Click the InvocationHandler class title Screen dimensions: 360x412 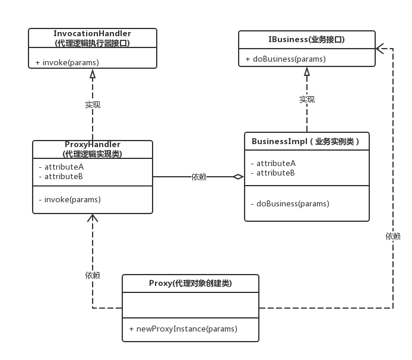(x=93, y=34)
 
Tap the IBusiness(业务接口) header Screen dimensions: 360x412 (x=306, y=40)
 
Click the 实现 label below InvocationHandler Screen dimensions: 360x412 (x=93, y=104)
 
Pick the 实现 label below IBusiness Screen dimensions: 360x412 (x=307, y=99)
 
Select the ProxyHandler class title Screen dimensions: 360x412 (x=92, y=145)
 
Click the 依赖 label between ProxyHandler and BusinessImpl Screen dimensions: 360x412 (x=199, y=177)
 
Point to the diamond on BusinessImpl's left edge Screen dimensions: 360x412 (x=237, y=177)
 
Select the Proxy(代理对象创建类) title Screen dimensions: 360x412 (x=190, y=283)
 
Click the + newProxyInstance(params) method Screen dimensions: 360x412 (x=182, y=329)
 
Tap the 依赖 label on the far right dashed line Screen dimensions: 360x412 (x=392, y=236)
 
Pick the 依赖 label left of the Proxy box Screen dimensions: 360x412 (x=93, y=275)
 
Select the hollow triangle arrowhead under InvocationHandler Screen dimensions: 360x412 (x=93, y=74)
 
